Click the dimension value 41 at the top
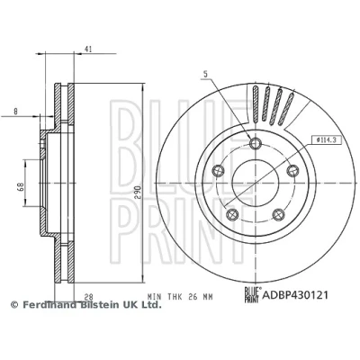pyautogui.click(x=88, y=49)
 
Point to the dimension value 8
pyautogui.click(x=15, y=112)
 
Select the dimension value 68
pyautogui.click(x=21, y=187)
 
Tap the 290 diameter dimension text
pyautogui.click(x=137, y=192)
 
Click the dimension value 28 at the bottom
pyautogui.click(x=88, y=297)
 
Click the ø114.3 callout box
pyautogui.click(x=327, y=139)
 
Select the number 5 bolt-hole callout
pyautogui.click(x=205, y=74)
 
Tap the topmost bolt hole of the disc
pyautogui.click(x=256, y=143)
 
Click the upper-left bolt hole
pyautogui.click(x=218, y=171)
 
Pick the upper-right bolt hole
pyautogui.click(x=292, y=171)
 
